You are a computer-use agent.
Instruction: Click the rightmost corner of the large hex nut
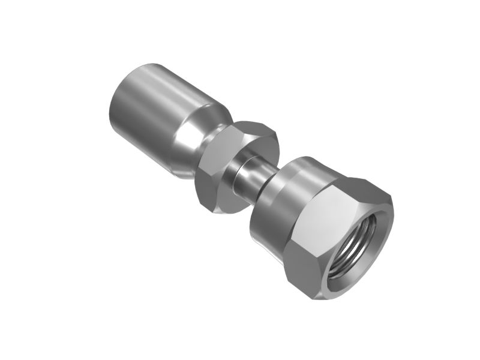pyautogui.click(x=393, y=207)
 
